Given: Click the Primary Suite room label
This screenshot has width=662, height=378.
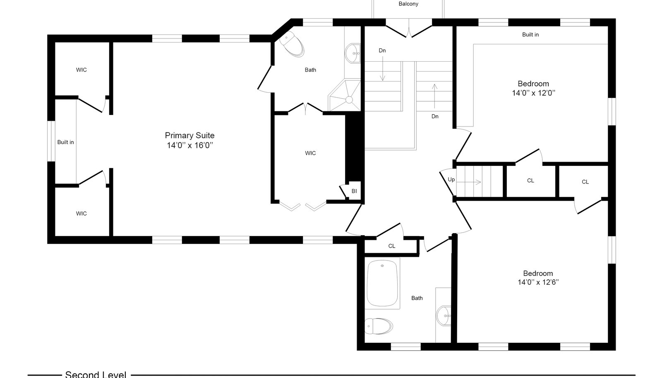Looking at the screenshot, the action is (189, 136).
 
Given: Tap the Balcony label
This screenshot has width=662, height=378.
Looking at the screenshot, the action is (408, 4).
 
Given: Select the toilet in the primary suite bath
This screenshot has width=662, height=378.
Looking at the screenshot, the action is (292, 44).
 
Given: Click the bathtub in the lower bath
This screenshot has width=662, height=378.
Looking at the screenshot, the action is (382, 283).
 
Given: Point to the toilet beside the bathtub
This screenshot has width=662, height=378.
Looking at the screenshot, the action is (379, 326).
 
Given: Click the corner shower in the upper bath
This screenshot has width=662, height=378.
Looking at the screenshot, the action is (345, 95).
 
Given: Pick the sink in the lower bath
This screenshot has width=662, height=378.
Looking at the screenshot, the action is (444, 316).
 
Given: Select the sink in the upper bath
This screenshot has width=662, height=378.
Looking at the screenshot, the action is (353, 53).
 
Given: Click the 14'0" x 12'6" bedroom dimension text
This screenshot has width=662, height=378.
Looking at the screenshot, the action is (538, 282).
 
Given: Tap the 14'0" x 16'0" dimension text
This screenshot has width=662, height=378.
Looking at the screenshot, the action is (190, 145).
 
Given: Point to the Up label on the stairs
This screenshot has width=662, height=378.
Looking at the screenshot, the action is (451, 179).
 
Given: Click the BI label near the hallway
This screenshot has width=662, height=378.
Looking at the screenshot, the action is (354, 191).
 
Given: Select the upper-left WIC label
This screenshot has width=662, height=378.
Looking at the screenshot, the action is (81, 70).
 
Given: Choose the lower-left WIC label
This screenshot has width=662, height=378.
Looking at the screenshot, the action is (81, 213).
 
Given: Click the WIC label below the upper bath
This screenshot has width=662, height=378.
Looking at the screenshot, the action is (310, 153).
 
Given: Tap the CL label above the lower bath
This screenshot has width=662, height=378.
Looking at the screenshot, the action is (391, 246).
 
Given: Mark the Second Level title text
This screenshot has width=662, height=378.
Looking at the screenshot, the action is (96, 374).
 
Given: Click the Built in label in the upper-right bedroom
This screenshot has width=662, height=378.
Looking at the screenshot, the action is (530, 35).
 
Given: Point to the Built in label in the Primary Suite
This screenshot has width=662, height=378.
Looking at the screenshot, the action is (65, 142).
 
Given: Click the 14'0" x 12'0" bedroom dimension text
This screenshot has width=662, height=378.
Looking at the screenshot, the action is (533, 93).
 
